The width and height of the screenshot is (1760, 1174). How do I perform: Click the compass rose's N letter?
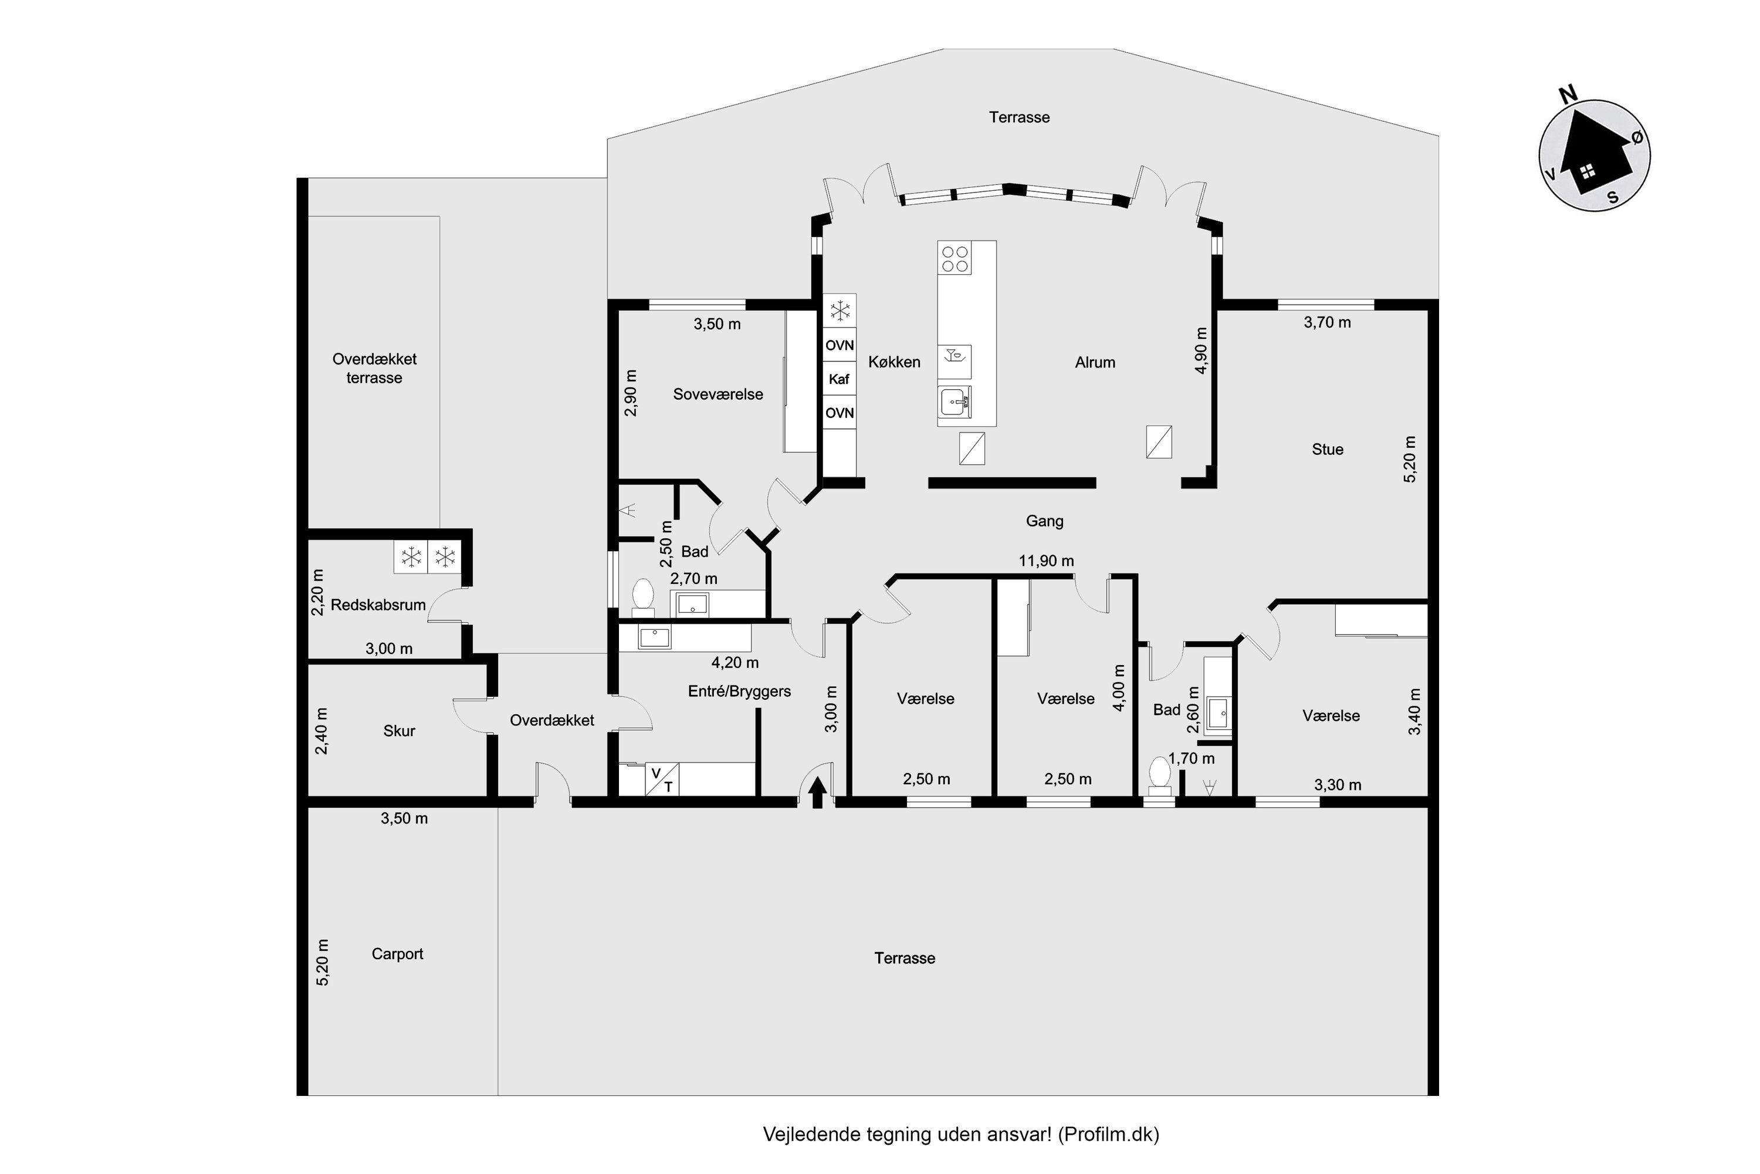(x=1568, y=95)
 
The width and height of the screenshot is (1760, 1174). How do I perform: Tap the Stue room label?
(x=1328, y=449)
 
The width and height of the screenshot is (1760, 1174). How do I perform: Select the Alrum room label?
(x=1095, y=362)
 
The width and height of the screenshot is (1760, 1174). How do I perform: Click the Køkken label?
(x=894, y=362)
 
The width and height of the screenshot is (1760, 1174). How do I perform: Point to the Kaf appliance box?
(x=840, y=379)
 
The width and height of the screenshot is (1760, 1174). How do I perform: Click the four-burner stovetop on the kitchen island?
(x=956, y=259)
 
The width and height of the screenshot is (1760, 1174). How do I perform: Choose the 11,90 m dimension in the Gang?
(x=1046, y=561)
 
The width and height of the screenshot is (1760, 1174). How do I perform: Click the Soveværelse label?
(x=717, y=394)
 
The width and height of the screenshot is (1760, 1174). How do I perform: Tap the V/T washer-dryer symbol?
(x=662, y=779)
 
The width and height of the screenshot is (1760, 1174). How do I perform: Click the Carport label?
(x=397, y=954)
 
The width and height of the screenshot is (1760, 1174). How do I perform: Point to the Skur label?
(x=399, y=731)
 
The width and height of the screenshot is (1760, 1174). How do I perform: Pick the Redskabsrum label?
(x=378, y=605)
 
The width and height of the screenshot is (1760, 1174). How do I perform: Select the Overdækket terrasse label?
(x=374, y=369)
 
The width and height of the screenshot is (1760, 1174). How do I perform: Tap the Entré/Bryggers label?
(x=739, y=691)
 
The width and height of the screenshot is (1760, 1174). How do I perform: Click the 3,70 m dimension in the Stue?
(x=1328, y=323)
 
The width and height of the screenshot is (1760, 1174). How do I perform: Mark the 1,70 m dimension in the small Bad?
(x=1192, y=758)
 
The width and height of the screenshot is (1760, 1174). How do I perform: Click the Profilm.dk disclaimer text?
(x=961, y=1134)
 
